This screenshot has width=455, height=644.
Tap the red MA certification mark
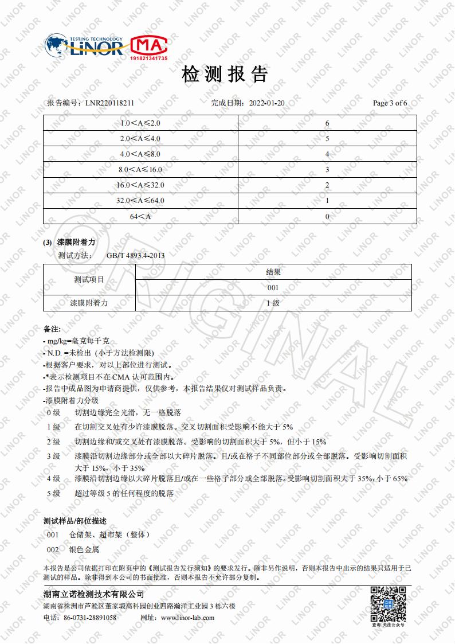coord(149,46)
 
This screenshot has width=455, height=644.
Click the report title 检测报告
coord(225,75)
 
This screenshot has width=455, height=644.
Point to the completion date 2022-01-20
coord(267,103)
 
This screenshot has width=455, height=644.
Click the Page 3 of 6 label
coord(390,103)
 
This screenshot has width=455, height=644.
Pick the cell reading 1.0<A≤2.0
coord(140,124)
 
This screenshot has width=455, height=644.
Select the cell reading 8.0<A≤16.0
coord(140,170)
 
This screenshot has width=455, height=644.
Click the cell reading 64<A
coord(140,217)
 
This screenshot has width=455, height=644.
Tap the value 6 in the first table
coord(327,124)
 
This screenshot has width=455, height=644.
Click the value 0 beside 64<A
coord(327,217)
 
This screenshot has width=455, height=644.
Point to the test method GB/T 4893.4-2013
coord(135,256)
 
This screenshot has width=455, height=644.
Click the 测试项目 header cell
coord(89,280)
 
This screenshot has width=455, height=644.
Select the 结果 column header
coord(273,272)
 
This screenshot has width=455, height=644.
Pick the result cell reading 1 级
coord(273,303)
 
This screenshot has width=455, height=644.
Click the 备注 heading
coord(52,330)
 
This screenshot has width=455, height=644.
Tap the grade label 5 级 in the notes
coord(53,493)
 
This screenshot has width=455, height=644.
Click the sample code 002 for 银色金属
coord(53,549)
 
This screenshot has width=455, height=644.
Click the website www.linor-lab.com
coord(188,618)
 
